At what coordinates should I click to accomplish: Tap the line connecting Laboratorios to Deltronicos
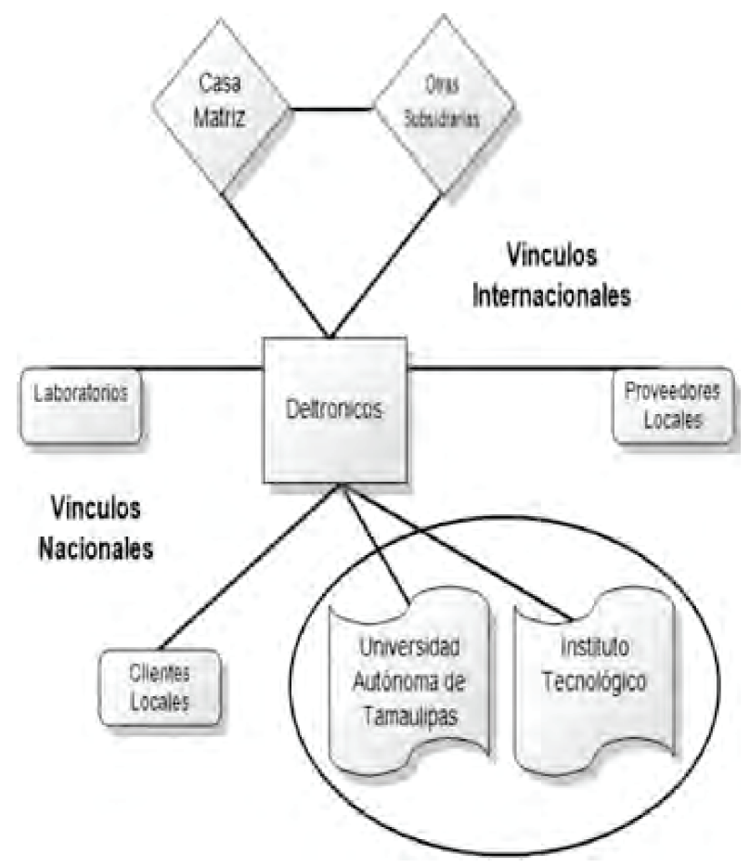tap(200, 369)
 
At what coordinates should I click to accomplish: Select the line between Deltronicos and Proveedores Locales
tap(511, 369)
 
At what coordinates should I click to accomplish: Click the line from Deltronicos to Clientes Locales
tap(251, 566)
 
